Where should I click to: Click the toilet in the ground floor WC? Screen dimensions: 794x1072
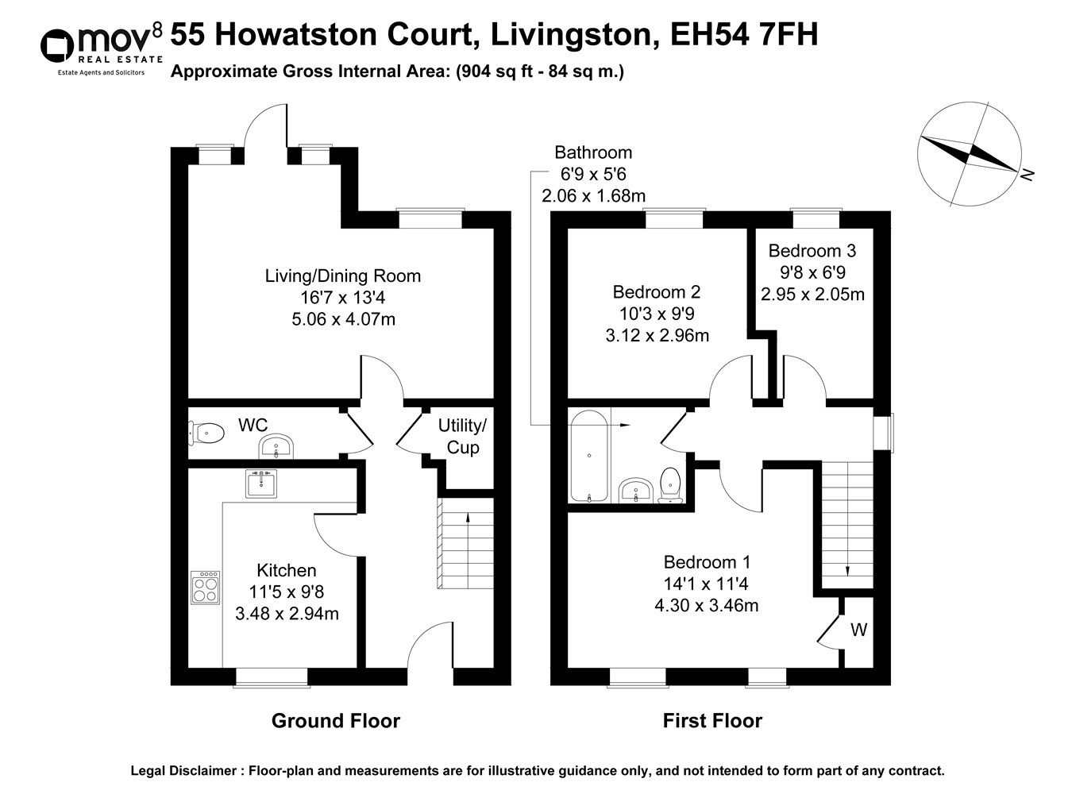tap(206, 433)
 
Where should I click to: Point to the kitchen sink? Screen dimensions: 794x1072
tap(261, 483)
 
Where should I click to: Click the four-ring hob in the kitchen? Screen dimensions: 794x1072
tap(206, 588)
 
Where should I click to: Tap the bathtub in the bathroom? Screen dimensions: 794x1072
tap(589, 457)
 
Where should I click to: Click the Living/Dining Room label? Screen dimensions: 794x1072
tap(342, 276)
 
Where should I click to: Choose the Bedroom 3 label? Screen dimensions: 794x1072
tap(812, 251)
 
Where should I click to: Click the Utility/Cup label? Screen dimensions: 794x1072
tap(462, 437)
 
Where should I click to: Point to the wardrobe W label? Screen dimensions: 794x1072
tap(859, 630)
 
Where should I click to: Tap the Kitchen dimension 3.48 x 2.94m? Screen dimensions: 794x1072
tap(287, 613)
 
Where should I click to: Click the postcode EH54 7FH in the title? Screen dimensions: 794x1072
tap(744, 35)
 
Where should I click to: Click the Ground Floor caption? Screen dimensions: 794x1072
tap(335, 721)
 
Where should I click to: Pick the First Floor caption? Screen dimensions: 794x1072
tap(712, 721)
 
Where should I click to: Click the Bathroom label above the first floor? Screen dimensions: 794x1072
tap(592, 152)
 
